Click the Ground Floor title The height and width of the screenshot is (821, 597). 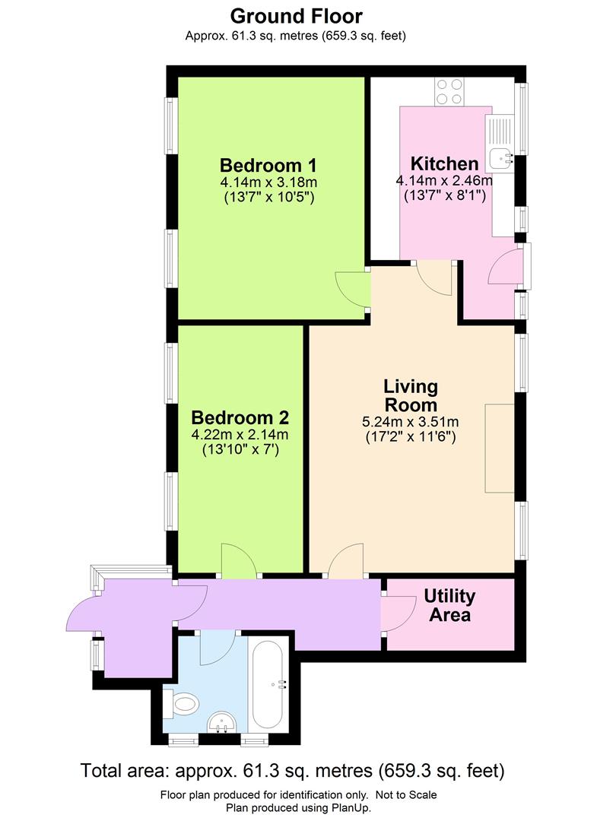pyautogui.click(x=297, y=15)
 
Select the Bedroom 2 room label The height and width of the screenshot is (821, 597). pyautogui.click(x=240, y=417)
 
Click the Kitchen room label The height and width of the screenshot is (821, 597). pyautogui.click(x=444, y=163)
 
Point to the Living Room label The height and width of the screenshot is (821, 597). pyautogui.click(x=411, y=395)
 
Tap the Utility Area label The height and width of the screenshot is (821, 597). pyautogui.click(x=449, y=605)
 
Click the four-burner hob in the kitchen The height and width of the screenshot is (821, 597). pyautogui.click(x=449, y=91)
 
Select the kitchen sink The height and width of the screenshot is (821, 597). pyautogui.click(x=501, y=159)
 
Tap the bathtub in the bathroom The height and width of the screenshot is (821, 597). pyautogui.click(x=268, y=684)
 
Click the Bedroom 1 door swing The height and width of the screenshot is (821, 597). pyautogui.click(x=352, y=287)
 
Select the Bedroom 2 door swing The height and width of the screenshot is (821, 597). pyautogui.click(x=238, y=559)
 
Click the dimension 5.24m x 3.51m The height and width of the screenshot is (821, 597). pyautogui.click(x=411, y=423)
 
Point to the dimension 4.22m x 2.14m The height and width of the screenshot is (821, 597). pyautogui.click(x=240, y=435)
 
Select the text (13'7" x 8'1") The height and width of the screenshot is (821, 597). pyautogui.click(x=444, y=196)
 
